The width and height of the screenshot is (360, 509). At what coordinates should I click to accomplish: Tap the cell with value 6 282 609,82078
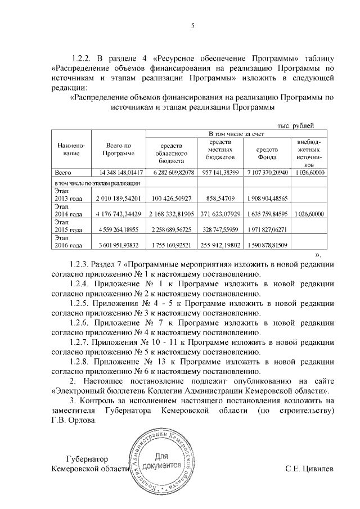(x=171, y=172)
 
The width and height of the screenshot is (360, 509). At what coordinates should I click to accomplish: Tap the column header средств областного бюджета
(x=171, y=152)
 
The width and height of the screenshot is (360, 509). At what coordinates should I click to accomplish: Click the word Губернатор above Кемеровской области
(x=86, y=459)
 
